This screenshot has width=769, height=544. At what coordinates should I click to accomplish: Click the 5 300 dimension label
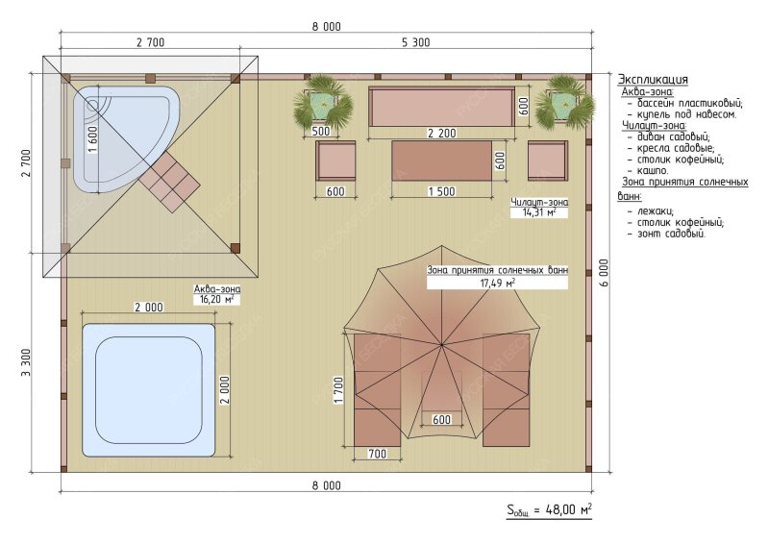pyautogui.click(x=416, y=42)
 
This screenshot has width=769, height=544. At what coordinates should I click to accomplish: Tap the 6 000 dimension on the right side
pyautogui.click(x=604, y=273)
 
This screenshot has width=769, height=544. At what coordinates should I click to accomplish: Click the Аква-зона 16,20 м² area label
pyautogui.click(x=217, y=294)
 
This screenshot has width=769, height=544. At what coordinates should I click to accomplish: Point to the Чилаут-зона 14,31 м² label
pyautogui.click(x=539, y=208)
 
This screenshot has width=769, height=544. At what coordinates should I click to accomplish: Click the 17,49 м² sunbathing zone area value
pyautogui.click(x=497, y=283)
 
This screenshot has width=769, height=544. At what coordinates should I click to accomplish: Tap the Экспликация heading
pyautogui.click(x=653, y=80)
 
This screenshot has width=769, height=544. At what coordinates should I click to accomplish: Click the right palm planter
pyautogui.click(x=564, y=103)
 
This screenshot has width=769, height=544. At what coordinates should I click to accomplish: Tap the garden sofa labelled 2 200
pyautogui.click(x=441, y=108)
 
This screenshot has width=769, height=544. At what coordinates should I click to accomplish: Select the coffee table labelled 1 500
pyautogui.click(x=441, y=161)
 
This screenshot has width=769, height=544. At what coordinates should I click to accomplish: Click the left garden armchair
pyautogui.click(x=335, y=161)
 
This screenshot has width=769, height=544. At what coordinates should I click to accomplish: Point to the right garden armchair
pyautogui.click(x=548, y=161)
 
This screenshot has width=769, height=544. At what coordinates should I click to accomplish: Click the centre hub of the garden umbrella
pyautogui.click(x=442, y=345)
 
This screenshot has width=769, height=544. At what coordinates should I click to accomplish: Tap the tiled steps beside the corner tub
pyautogui.click(x=169, y=181)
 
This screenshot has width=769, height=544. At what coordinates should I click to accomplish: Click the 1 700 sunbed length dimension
pyautogui.click(x=338, y=390)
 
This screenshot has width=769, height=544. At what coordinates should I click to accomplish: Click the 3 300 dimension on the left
pyautogui.click(x=26, y=362)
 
